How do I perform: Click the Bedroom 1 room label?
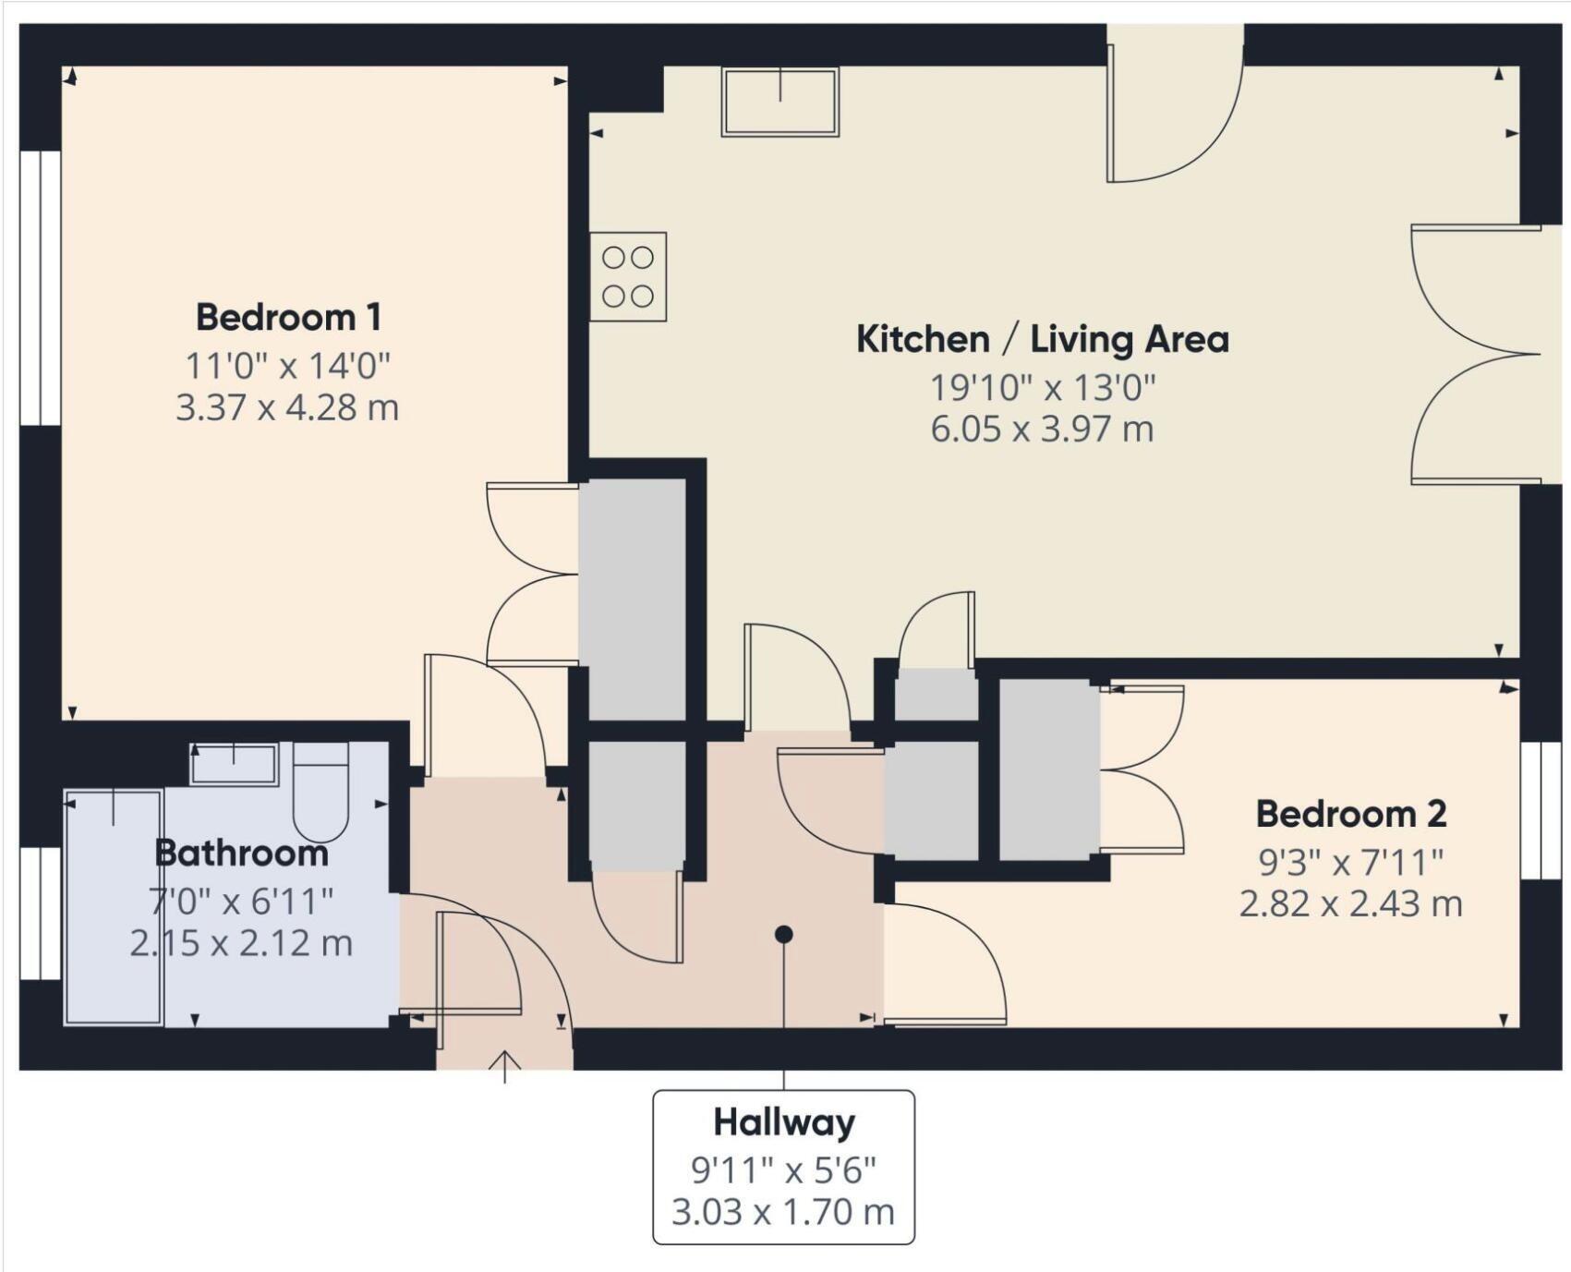[288, 318]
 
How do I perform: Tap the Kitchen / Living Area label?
[1042, 339]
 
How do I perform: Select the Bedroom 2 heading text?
[1350, 814]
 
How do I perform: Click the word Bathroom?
[241, 853]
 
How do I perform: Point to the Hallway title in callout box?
[783, 1122]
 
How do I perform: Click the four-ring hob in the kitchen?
[628, 276]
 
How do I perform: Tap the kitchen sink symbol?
[780, 102]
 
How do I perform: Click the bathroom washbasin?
[234, 764]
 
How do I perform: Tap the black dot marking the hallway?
[783, 935]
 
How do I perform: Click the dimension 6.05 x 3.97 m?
[1042, 430]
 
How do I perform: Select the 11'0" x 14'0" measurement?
[288, 366]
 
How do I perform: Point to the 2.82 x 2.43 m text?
[1350, 903]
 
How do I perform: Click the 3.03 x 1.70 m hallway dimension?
[783, 1211]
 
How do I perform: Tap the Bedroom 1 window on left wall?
[41, 287]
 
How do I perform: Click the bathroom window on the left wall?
[41, 913]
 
